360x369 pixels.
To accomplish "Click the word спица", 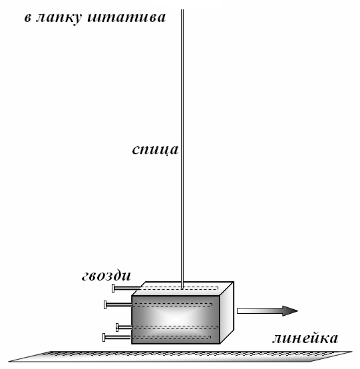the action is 155,150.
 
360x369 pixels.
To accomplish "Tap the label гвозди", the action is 106,275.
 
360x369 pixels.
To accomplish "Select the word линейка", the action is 305,338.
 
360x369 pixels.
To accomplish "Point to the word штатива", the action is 126,17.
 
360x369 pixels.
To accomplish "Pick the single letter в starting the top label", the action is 28,18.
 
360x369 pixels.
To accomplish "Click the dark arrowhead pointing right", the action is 290,311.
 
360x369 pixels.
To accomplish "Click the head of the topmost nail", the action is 113,289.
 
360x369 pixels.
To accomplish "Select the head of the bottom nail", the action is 104,337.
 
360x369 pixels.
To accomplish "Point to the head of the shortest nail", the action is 117,327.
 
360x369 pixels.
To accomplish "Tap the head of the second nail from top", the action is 105,305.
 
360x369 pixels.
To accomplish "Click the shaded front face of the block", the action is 176,320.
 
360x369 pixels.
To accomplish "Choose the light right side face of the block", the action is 227,312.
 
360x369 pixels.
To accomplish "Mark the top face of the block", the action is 182,289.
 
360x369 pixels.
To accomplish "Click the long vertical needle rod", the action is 182,149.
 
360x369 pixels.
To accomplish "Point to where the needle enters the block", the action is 182,288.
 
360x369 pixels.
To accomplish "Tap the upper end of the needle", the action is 182,10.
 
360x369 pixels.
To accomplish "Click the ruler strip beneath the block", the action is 180,356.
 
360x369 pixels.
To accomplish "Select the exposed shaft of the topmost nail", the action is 127,288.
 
